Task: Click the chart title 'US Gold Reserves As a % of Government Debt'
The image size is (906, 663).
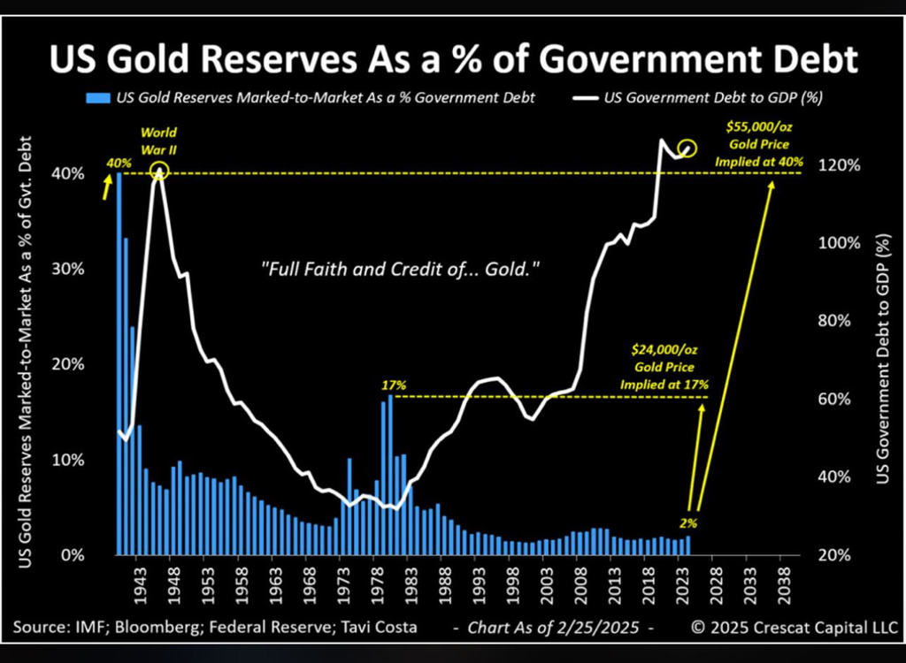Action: coord(452,60)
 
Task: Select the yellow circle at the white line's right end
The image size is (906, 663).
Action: coord(687,149)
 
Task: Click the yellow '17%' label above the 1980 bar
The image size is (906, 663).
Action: coord(393,385)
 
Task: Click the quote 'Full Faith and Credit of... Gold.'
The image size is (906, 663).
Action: coord(400,270)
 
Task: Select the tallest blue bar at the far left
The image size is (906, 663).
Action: coord(119,362)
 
